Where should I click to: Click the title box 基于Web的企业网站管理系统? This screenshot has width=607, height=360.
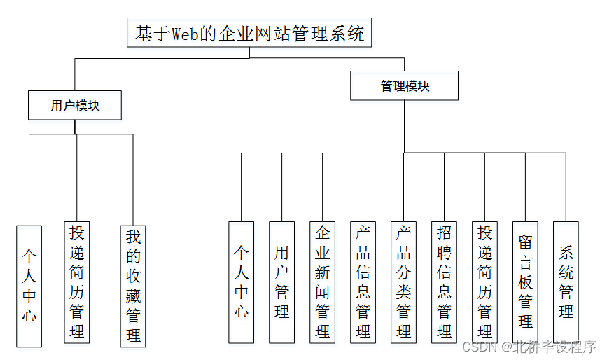[249, 33]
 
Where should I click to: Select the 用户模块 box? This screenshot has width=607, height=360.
[75, 106]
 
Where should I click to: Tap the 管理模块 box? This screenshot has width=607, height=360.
[405, 86]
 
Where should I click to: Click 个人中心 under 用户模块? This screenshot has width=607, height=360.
[29, 286]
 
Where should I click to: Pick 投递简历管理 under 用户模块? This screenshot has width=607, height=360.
[76, 282]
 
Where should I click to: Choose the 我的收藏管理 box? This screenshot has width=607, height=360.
[133, 286]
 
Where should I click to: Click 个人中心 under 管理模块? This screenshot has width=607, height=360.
[241, 282]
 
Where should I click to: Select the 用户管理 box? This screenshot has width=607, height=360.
[281, 282]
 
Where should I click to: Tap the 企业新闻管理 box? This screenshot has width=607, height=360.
[322, 282]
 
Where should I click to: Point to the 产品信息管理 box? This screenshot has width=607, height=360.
[363, 282]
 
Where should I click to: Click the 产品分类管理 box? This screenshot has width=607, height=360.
[403, 282]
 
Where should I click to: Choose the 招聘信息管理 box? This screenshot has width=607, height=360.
[444, 282]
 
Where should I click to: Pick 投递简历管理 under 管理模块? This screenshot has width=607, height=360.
[484, 282]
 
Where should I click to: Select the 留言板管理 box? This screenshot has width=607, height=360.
[525, 282]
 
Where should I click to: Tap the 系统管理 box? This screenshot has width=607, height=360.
[566, 282]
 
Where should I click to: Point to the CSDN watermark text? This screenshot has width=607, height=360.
[480, 347]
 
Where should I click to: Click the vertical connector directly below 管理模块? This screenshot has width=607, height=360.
[405, 126]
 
